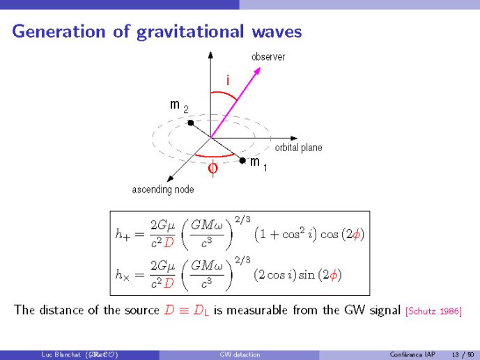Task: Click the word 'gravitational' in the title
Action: coord(190,32)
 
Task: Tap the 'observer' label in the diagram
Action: coord(268,56)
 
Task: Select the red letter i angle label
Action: coord(228,80)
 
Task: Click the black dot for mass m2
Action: coord(191,123)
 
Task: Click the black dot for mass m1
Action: coord(242,160)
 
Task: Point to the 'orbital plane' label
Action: coord(298,148)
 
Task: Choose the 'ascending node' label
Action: coord(163,189)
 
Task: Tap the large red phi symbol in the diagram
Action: coord(213,168)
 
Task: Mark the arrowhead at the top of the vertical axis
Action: coord(210,55)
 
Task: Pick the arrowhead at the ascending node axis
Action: coord(170,179)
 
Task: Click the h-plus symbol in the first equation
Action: coord(123,235)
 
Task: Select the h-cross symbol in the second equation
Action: coord(123,275)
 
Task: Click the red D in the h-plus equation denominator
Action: coord(169,243)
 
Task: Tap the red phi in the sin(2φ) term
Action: coord(333,275)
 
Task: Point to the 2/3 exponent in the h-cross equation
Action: coord(242,260)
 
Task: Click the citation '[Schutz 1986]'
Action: coord(433,311)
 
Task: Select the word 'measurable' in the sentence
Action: coord(257,310)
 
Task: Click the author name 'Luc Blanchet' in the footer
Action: coord(61,354)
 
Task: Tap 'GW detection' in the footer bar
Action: coord(240,354)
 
